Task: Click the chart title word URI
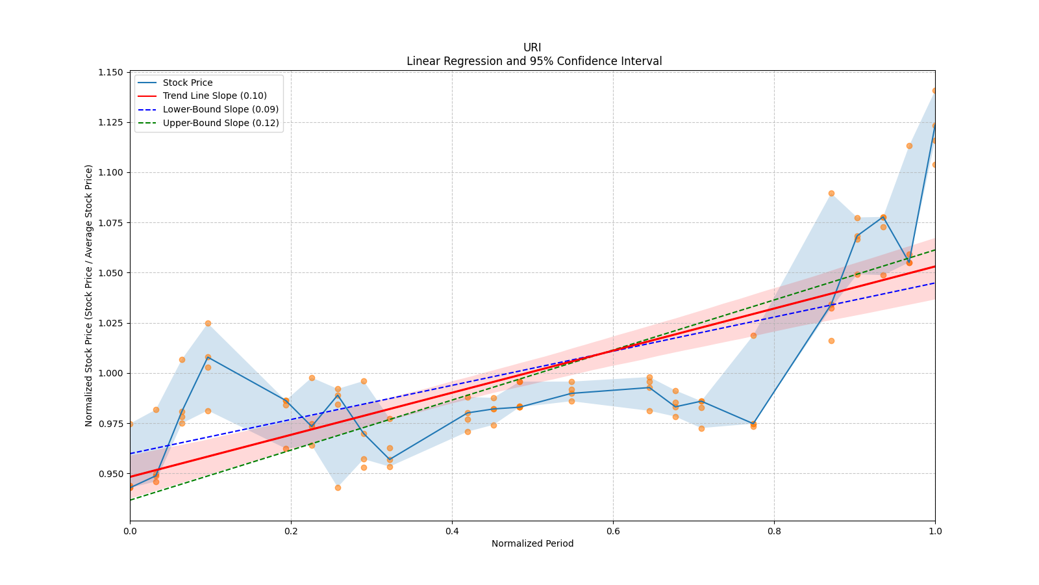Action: coord(532,47)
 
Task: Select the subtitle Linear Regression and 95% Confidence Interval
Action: coord(534,61)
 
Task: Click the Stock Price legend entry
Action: coord(188,83)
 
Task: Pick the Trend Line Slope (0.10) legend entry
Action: coord(214,96)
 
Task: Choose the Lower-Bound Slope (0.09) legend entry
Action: coord(220,109)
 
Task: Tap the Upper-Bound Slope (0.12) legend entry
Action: coord(221,123)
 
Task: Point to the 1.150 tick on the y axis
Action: coord(110,72)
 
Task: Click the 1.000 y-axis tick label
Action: coord(110,373)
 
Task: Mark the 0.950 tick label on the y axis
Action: coord(110,474)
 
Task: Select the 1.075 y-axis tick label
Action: coord(110,223)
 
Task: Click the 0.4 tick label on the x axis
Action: coord(452,531)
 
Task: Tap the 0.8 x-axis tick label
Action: coord(774,531)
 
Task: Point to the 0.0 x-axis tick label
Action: coord(130,531)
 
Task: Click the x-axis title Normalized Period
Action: coord(532,543)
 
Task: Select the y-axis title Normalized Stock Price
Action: coord(89,295)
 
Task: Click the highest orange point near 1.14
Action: coord(935,90)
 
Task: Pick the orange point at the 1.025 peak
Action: coord(208,323)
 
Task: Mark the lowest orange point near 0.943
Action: coord(338,487)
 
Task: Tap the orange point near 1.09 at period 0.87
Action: coord(831,193)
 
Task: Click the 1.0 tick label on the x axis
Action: coord(935,531)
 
